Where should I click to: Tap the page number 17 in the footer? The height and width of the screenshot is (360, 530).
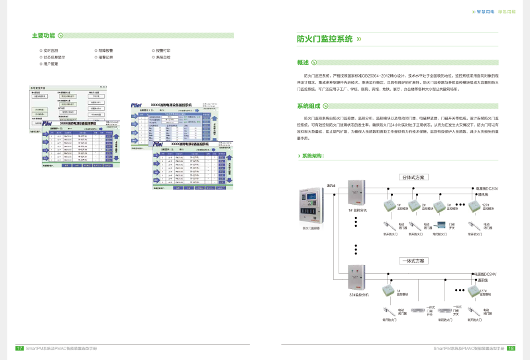point(19,347)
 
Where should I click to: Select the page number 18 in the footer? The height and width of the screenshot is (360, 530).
point(511,347)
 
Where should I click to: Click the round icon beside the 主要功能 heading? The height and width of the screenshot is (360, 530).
point(61,35)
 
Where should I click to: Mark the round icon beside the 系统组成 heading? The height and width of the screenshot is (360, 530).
point(326,105)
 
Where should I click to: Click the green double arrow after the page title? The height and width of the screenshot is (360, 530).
point(359,39)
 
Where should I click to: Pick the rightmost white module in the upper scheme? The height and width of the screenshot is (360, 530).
point(473,206)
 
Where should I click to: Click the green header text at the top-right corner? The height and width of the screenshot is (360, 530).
point(494,12)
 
